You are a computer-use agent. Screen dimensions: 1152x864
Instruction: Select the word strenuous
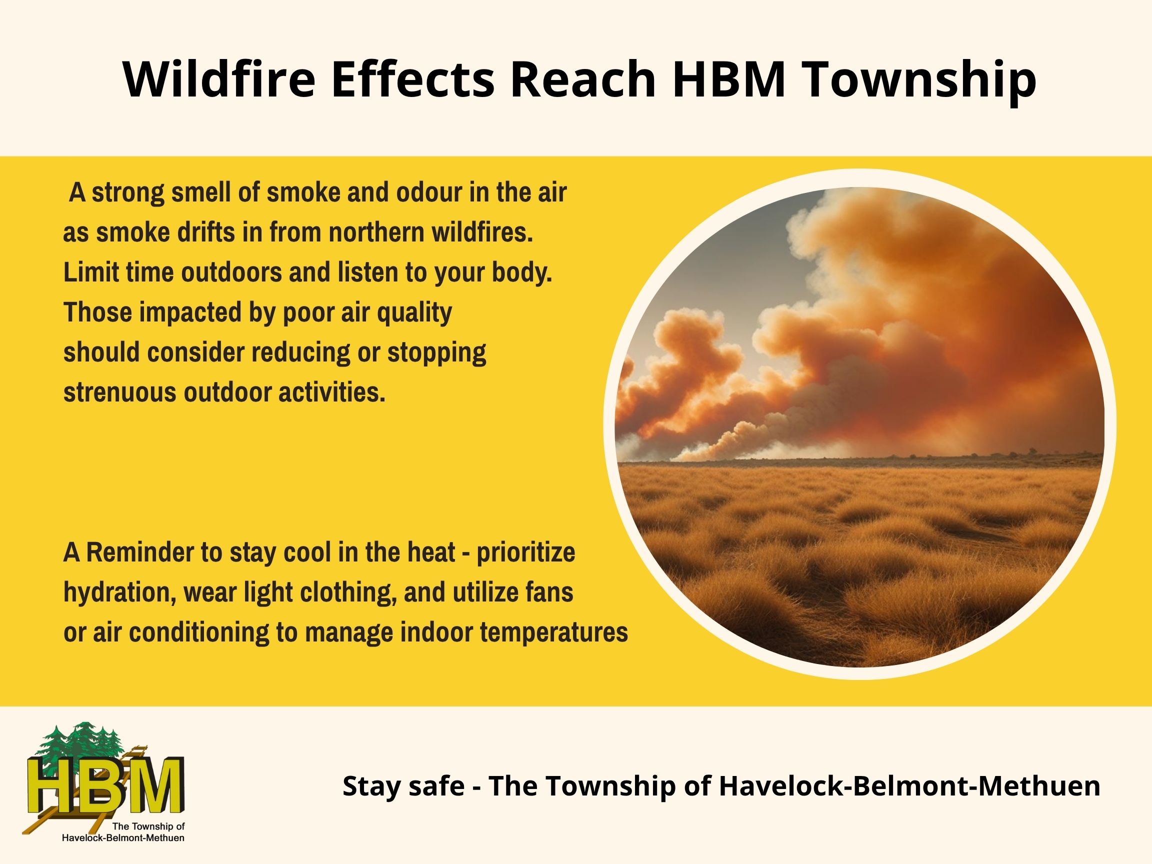click(120, 392)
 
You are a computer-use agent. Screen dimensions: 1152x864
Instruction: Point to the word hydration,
click(120, 593)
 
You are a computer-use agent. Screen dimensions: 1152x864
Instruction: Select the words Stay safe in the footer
click(403, 786)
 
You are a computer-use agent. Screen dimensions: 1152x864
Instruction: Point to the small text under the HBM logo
click(123, 832)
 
